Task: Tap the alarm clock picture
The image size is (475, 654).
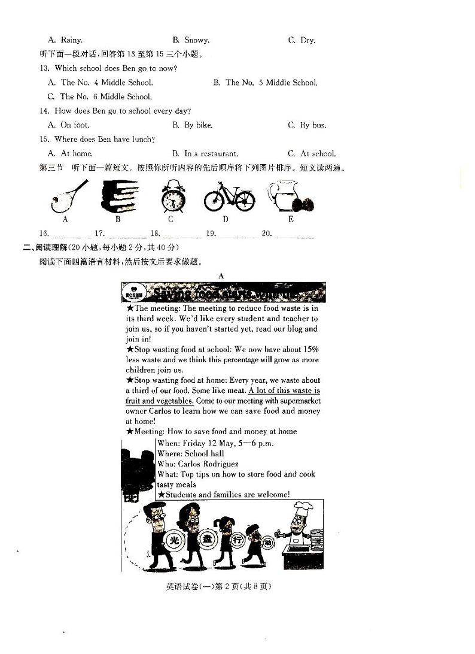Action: (173, 196)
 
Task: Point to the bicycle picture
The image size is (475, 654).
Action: (229, 196)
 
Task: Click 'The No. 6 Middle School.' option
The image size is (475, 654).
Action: (99, 96)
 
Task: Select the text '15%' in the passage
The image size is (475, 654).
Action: (311, 349)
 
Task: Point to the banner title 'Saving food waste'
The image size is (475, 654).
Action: (224, 293)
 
